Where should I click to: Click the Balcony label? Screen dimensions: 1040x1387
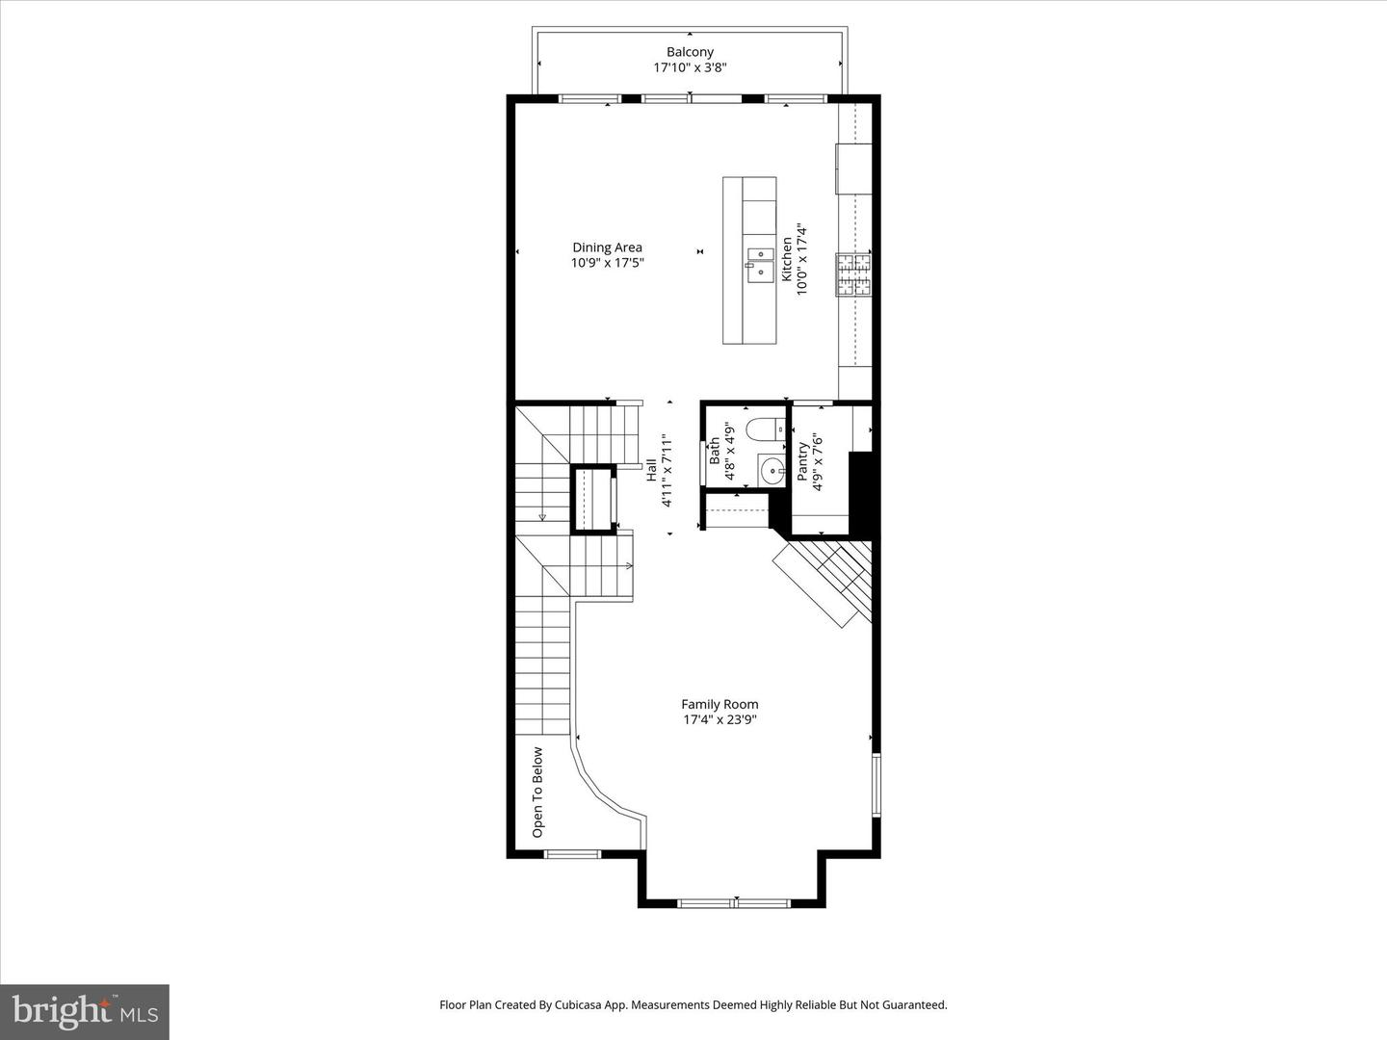coord(690,52)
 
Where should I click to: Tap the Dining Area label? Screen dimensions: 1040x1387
coord(607,247)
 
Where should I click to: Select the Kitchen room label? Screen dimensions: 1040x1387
coord(787,259)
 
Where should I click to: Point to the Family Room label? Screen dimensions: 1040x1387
coord(720,704)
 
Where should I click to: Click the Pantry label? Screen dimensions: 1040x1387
coord(802,461)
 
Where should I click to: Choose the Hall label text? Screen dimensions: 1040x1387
coord(652,470)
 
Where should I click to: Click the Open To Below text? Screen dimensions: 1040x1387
coord(537,792)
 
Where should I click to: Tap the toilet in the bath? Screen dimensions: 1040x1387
coord(768,429)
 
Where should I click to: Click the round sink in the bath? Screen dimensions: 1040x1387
coord(772,471)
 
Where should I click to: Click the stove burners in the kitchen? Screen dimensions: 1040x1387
coord(853,273)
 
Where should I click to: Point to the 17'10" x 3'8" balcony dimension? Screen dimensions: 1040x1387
coord(690,68)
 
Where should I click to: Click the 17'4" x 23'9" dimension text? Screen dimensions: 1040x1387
coord(720,719)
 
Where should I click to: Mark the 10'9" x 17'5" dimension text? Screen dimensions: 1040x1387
coord(607,262)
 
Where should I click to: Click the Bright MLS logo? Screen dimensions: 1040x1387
coord(85,1011)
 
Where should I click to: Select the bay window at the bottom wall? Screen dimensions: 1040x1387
coord(734,902)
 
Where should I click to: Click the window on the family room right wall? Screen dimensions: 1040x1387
coord(876,785)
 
